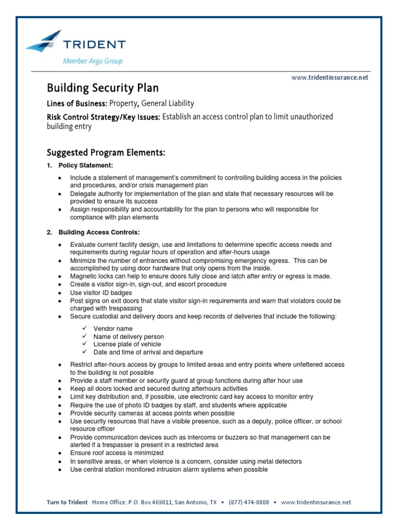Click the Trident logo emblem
point(45,40)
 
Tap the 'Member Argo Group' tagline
point(93,61)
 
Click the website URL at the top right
point(330,77)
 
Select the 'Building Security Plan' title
point(103,88)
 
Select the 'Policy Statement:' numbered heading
point(86,166)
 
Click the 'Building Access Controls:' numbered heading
point(99,232)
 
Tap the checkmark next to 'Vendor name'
point(84,329)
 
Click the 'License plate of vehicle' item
point(127,344)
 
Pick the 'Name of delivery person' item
point(129,336)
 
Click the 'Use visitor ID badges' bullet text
point(102,292)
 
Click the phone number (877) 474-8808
point(249,502)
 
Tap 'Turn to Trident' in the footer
point(67,502)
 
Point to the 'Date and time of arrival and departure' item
point(148,352)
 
